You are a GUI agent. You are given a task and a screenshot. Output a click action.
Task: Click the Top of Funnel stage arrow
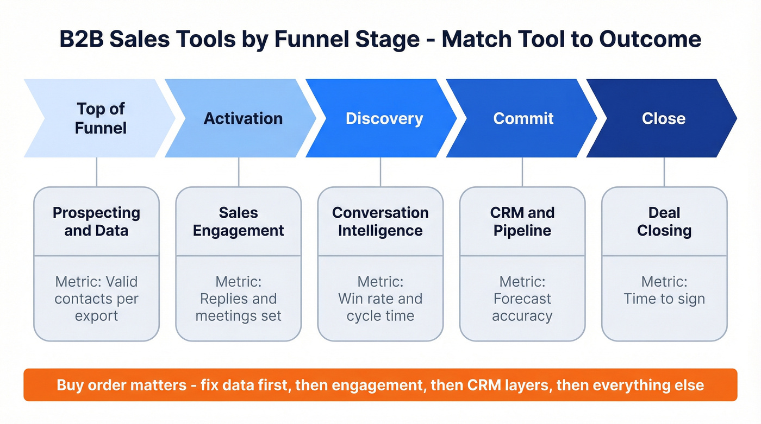coord(98,118)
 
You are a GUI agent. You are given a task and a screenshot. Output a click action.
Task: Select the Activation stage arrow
coord(242,118)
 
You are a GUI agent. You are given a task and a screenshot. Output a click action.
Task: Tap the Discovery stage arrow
coord(384,118)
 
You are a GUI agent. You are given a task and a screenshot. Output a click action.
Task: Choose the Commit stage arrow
coord(523,118)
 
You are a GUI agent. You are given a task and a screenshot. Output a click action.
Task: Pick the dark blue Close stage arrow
coord(663,118)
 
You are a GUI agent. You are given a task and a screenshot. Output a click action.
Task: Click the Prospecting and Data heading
coord(96,222)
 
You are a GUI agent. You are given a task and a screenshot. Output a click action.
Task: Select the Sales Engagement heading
coord(238,222)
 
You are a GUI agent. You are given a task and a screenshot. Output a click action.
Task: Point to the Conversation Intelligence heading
coord(380,222)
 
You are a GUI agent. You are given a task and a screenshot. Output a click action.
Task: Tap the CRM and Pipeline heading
coord(522,222)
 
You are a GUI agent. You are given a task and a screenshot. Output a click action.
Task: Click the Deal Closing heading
coord(664,222)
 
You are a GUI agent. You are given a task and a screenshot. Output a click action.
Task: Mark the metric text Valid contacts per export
coord(96,299)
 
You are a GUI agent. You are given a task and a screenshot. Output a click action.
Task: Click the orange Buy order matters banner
coord(380,385)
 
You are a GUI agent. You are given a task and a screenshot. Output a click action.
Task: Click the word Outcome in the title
coord(650,40)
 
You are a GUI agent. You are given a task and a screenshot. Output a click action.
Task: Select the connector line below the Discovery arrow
coord(380,172)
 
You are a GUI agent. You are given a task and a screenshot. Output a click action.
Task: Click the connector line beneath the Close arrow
coord(664,172)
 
